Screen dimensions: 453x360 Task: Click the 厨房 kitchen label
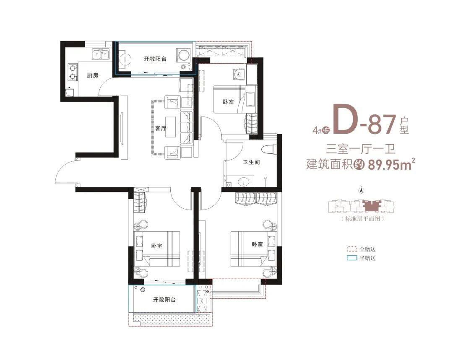[x=93, y=75]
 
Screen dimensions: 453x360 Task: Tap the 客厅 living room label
[x=161, y=128]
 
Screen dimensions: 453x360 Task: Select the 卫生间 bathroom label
[x=251, y=162]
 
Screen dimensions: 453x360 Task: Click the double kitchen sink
[x=101, y=54]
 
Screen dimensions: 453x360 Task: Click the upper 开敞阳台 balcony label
[x=155, y=59]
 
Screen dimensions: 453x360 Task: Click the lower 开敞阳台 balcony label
[x=164, y=300]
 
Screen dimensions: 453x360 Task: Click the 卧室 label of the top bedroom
[x=228, y=102]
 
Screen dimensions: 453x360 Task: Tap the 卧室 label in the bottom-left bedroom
[x=157, y=246]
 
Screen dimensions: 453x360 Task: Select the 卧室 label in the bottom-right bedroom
[x=257, y=244]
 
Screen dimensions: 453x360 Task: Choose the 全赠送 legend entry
[x=361, y=249]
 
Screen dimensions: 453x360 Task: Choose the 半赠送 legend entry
[x=361, y=258]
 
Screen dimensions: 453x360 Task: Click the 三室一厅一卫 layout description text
[x=361, y=149]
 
